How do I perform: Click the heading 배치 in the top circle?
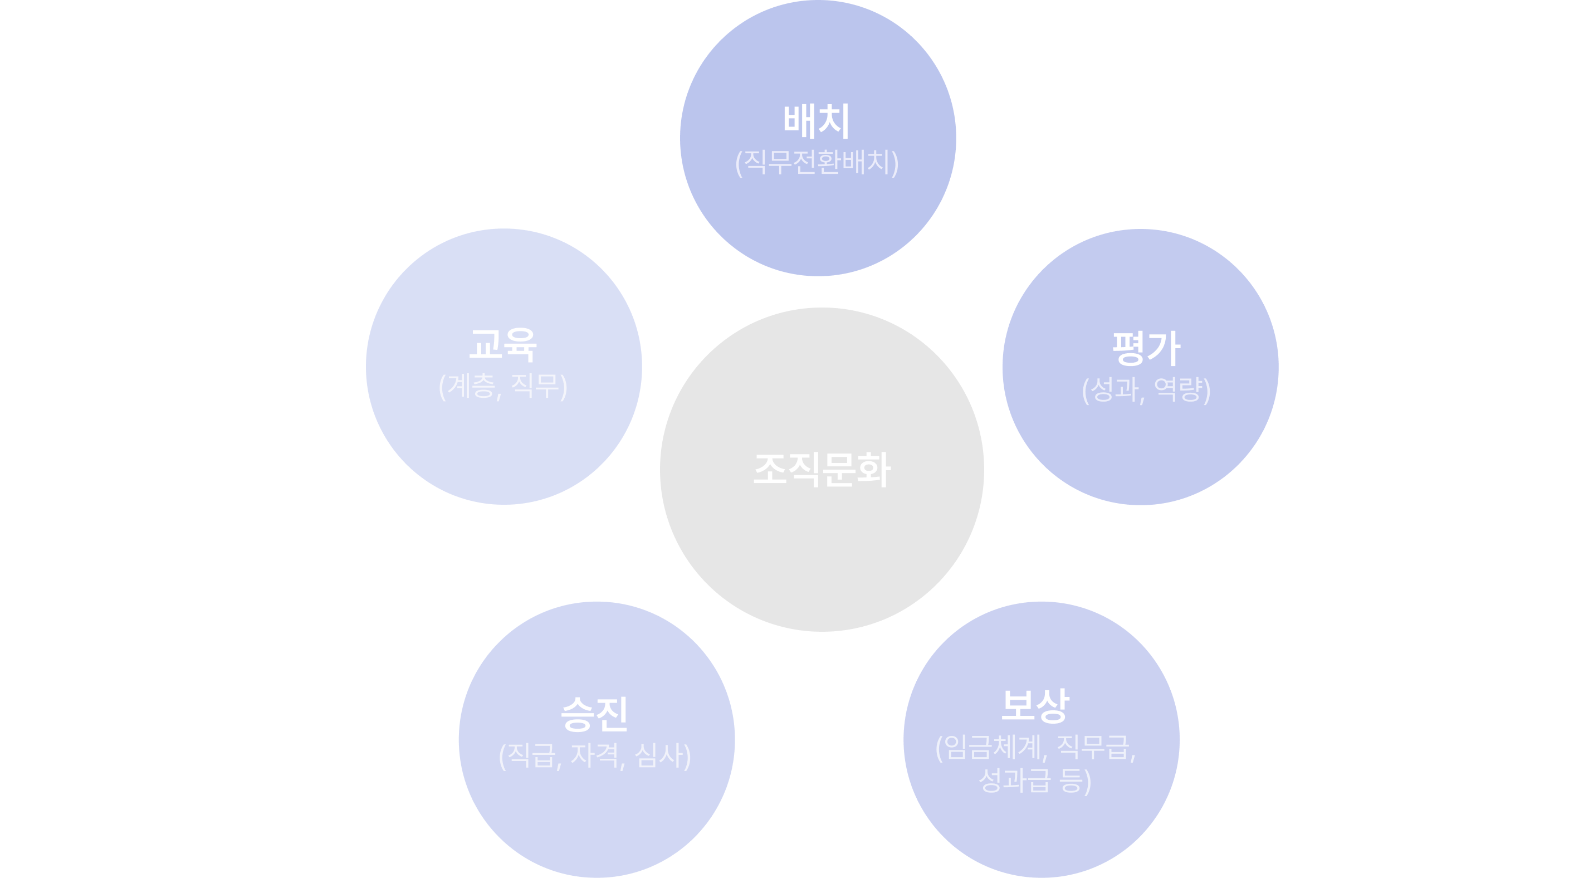pos(816,120)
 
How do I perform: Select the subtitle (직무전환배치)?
pos(817,163)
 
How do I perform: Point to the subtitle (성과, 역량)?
pos(1146,390)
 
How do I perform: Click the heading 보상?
pos(1035,705)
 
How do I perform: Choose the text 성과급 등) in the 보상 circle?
pos(1035,781)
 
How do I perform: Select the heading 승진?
pos(594,714)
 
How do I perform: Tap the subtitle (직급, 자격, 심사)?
pos(594,756)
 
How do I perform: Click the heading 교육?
pos(503,344)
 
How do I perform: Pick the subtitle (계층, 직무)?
pos(503,386)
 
